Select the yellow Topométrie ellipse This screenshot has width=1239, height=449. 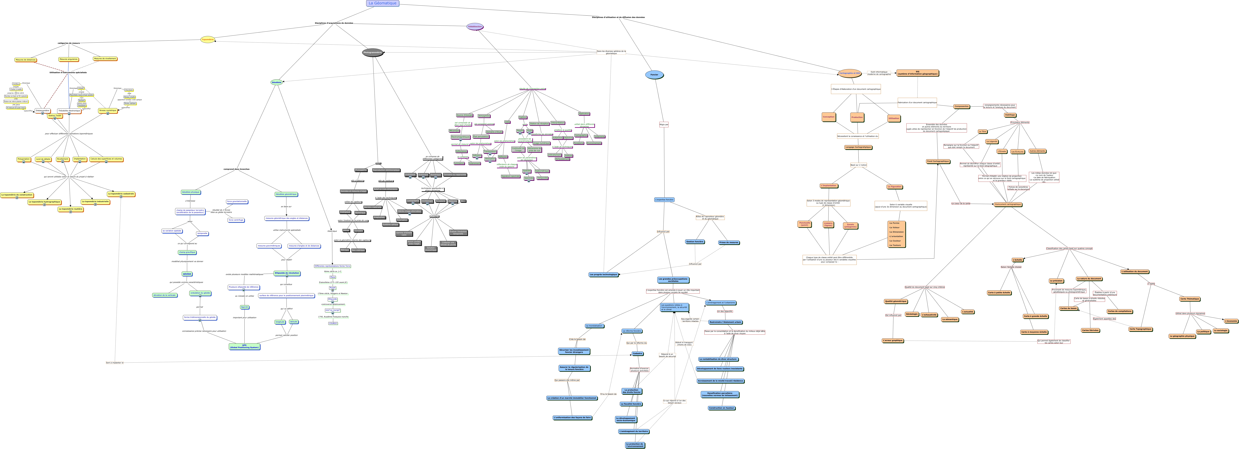pyautogui.click(x=208, y=39)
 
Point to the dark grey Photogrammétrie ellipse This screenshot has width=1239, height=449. pyautogui.click(x=373, y=52)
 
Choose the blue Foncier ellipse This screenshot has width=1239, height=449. pyautogui.click(x=654, y=75)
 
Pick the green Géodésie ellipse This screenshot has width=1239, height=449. pyautogui.click(x=276, y=82)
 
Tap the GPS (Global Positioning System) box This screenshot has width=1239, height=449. pyautogui.click(x=244, y=346)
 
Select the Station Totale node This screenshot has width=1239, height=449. pyautogui.click(x=55, y=116)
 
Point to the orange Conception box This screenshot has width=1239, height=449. pyautogui.click(x=829, y=117)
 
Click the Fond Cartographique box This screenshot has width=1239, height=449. pyautogui.click(x=938, y=162)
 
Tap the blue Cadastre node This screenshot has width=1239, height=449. pyautogui.click(x=637, y=354)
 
